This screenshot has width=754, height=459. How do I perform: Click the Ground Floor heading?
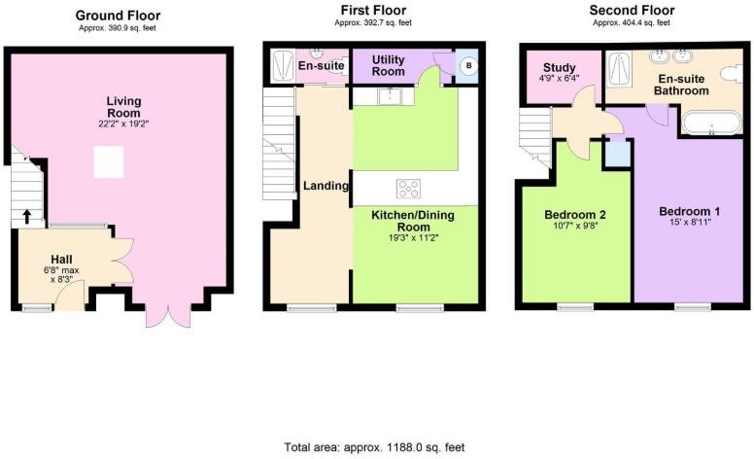(x=118, y=15)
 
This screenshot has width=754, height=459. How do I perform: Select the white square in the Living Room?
(x=108, y=161)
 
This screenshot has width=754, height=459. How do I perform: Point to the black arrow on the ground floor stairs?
(x=27, y=216)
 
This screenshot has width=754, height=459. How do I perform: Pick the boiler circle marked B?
(x=467, y=67)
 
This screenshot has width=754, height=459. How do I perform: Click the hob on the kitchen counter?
(x=407, y=189)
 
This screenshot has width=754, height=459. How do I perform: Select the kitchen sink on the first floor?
(x=391, y=95)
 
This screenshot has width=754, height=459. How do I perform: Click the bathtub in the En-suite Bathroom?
(x=711, y=124)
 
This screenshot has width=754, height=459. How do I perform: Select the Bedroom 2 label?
(x=575, y=214)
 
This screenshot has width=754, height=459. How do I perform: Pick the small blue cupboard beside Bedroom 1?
(x=616, y=154)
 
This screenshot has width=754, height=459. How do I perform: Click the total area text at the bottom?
(x=374, y=447)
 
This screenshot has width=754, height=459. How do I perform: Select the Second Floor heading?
(x=632, y=11)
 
